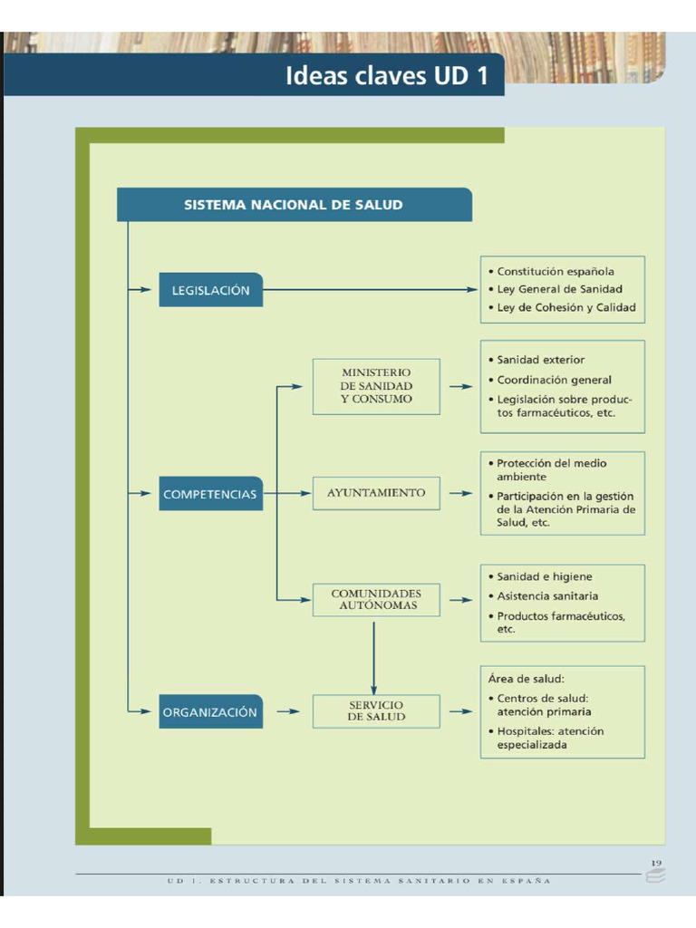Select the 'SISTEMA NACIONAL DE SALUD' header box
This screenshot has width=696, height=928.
[294, 205]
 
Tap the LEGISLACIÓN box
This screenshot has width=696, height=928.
[210, 290]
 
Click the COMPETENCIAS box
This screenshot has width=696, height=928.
[210, 494]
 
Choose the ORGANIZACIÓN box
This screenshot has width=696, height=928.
[210, 712]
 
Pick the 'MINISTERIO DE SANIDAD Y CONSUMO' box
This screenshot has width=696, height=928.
[376, 386]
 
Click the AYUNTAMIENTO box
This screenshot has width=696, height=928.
[376, 493]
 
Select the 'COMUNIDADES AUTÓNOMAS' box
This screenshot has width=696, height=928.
[376, 599]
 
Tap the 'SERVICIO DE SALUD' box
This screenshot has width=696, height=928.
[376, 710]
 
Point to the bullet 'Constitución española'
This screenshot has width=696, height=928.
[555, 271]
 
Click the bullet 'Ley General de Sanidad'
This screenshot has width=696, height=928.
[559, 289]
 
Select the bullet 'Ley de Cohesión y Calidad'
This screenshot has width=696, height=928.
[565, 307]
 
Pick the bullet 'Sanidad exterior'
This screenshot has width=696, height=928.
[540, 360]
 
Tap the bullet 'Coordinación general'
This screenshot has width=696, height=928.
[554, 380]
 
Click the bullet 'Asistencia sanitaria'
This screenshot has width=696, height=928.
[546, 596]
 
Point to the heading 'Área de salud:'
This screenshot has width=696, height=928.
[526, 678]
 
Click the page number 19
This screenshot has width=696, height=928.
[656, 862]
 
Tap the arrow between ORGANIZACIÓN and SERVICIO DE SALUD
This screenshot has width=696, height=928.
[287, 711]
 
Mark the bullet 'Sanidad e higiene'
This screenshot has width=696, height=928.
[544, 576]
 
